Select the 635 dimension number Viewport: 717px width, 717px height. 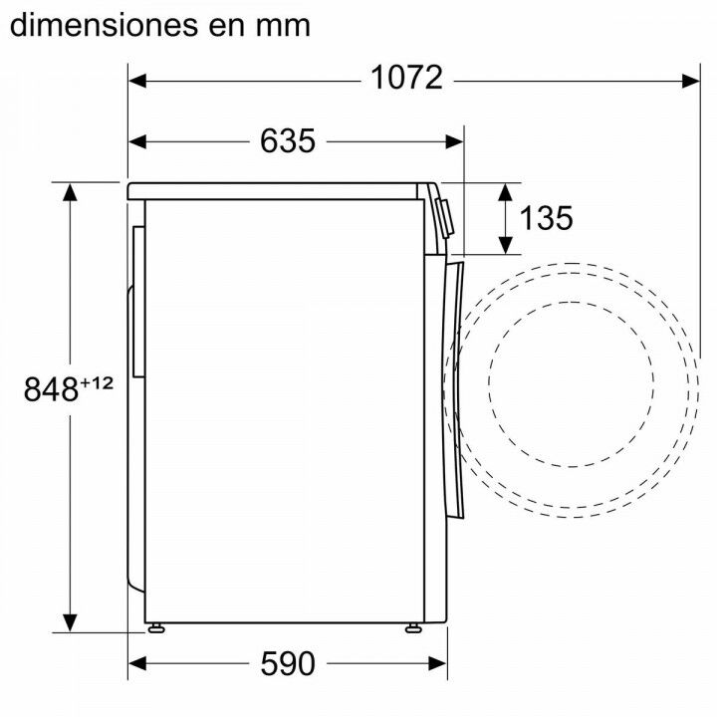tap(288, 141)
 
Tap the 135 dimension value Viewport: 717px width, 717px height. tap(547, 218)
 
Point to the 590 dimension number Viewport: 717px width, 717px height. tap(288, 662)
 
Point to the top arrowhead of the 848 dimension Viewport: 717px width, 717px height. tap(70, 193)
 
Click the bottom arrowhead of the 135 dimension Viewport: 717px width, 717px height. tap(506, 243)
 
